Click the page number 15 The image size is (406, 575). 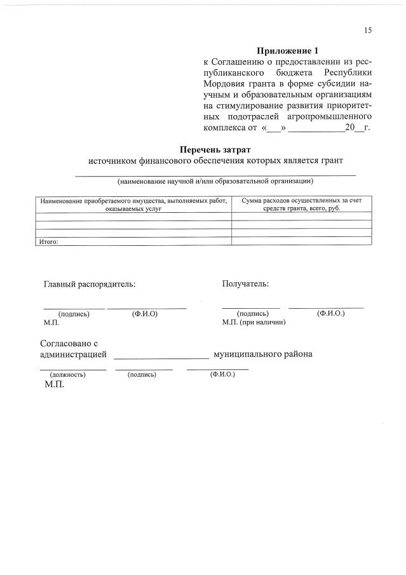(368, 30)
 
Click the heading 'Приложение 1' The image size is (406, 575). (286, 50)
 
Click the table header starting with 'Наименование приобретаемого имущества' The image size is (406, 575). (133, 204)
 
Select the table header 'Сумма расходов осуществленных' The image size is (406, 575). (302, 204)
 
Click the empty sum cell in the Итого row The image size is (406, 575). (301, 241)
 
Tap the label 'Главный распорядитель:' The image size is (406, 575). (89, 284)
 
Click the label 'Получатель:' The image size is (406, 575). (245, 283)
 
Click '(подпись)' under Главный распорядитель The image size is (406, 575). (73, 314)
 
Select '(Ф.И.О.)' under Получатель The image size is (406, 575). (330, 313)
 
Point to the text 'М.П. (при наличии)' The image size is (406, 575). (254, 322)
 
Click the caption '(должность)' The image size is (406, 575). (67, 374)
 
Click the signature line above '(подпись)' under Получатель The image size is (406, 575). (251, 308)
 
